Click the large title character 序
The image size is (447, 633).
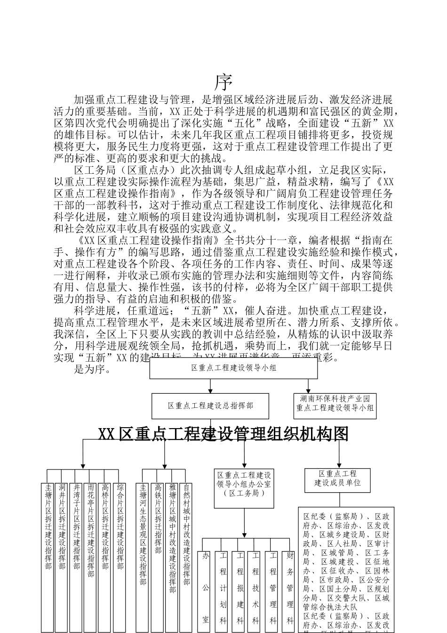pos(224,83)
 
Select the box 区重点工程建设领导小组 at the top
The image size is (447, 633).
pos(233,368)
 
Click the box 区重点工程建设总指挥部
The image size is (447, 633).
pos(210,406)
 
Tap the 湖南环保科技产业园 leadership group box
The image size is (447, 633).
pos(335,404)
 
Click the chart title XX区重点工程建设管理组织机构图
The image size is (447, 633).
pos(223,434)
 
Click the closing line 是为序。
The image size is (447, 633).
pos(93,369)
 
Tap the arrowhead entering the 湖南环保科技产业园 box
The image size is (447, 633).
pos(309,390)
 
